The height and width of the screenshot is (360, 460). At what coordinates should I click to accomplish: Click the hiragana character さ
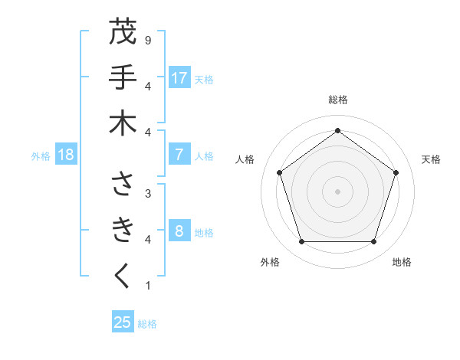(123, 184)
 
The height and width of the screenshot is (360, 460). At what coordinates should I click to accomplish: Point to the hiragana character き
(123, 230)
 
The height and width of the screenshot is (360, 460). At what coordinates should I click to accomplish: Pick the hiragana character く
(123, 276)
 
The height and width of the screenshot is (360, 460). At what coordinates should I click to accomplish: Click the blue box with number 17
(179, 78)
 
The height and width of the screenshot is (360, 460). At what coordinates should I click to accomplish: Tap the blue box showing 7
(179, 155)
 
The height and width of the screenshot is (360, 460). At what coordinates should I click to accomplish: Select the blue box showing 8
(179, 231)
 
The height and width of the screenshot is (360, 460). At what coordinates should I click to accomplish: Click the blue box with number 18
(66, 155)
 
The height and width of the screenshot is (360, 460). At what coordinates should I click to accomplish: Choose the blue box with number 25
(123, 322)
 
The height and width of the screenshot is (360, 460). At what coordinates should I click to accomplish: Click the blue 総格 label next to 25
(147, 324)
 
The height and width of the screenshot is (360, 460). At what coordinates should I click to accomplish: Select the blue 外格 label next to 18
(41, 156)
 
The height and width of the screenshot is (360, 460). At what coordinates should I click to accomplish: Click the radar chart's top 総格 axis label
(337, 100)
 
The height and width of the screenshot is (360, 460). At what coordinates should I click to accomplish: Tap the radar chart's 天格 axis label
(431, 159)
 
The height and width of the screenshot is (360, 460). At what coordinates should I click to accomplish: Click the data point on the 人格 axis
(279, 173)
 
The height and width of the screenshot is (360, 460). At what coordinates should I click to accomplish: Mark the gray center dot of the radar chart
(337, 191)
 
